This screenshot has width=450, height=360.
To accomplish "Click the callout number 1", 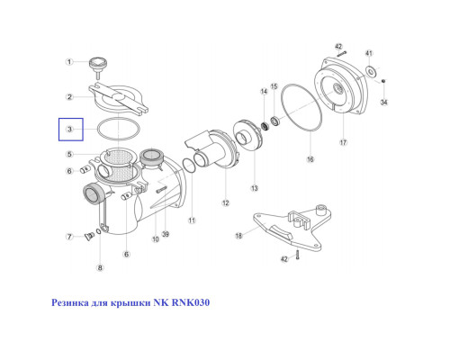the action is [69, 62].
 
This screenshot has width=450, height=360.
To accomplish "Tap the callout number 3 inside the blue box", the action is [69, 130].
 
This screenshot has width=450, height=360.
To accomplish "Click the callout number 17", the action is [343, 142].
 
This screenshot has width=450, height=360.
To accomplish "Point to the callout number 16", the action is [310, 159].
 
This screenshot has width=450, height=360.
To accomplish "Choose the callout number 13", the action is [255, 188].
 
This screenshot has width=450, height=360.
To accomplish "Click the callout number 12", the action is [226, 203].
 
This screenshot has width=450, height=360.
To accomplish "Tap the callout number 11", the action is [192, 220].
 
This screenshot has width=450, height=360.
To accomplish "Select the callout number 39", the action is [166, 234].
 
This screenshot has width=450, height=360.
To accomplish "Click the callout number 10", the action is [156, 239].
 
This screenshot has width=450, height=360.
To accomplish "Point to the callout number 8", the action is [100, 267].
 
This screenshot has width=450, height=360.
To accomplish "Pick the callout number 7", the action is [69, 237].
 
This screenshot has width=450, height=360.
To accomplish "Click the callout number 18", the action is [238, 236].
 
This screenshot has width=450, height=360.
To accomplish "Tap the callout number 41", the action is [369, 53].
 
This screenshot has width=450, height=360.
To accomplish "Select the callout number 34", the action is [384, 103].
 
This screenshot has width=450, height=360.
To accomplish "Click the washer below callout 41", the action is [371, 71].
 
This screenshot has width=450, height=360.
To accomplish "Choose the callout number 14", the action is [264, 91].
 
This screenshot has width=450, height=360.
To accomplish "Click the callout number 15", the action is [274, 86].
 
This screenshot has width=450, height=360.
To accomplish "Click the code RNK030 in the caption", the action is [191, 302].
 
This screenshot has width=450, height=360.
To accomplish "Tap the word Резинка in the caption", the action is [70, 302].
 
